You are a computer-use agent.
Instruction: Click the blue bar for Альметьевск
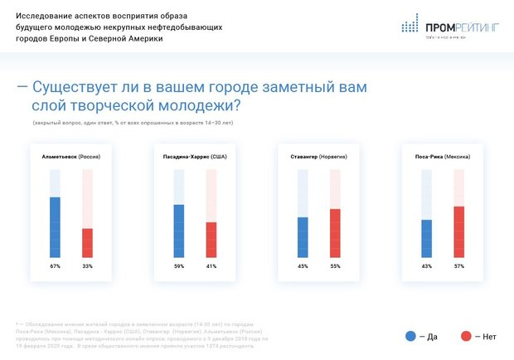(56, 227)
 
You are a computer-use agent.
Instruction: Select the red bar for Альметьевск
(87, 242)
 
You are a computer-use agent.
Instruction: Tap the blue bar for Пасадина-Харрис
(179, 231)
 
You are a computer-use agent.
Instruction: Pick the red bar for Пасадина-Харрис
(211, 240)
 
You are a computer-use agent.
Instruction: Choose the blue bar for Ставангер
(303, 237)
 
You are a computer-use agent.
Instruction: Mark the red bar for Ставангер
(335, 233)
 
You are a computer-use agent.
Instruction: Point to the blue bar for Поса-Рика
(426, 238)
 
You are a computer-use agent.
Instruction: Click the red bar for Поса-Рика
(458, 231)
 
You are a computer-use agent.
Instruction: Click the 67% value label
(56, 266)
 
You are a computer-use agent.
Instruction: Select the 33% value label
(87, 266)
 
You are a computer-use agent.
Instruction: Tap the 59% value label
(179, 266)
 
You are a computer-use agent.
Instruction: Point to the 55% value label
(335, 266)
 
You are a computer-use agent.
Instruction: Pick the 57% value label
(458, 266)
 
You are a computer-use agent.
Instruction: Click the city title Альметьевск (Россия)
(71, 156)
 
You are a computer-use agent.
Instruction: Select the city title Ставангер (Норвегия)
(318, 156)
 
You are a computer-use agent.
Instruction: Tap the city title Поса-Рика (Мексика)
(442, 156)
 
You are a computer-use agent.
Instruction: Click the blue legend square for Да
(410, 336)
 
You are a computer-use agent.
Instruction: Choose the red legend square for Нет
(466, 336)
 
